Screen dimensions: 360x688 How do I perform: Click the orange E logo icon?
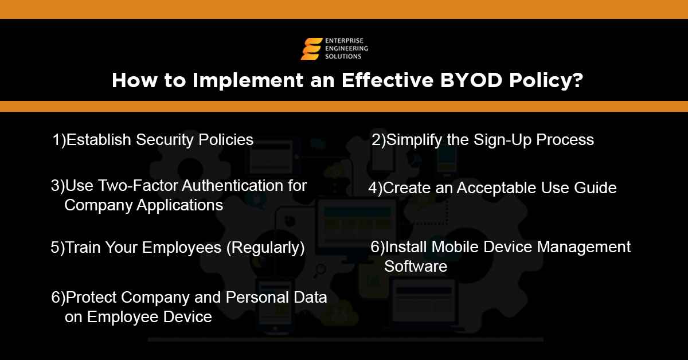pos(312,49)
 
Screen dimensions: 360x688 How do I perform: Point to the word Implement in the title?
pos(232,80)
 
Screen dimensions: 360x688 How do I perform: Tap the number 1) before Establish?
pos(59,140)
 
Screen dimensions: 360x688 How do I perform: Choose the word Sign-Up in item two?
pos(503,140)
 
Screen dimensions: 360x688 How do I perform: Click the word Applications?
pos(179,205)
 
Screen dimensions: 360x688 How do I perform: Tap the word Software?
pos(415,267)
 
